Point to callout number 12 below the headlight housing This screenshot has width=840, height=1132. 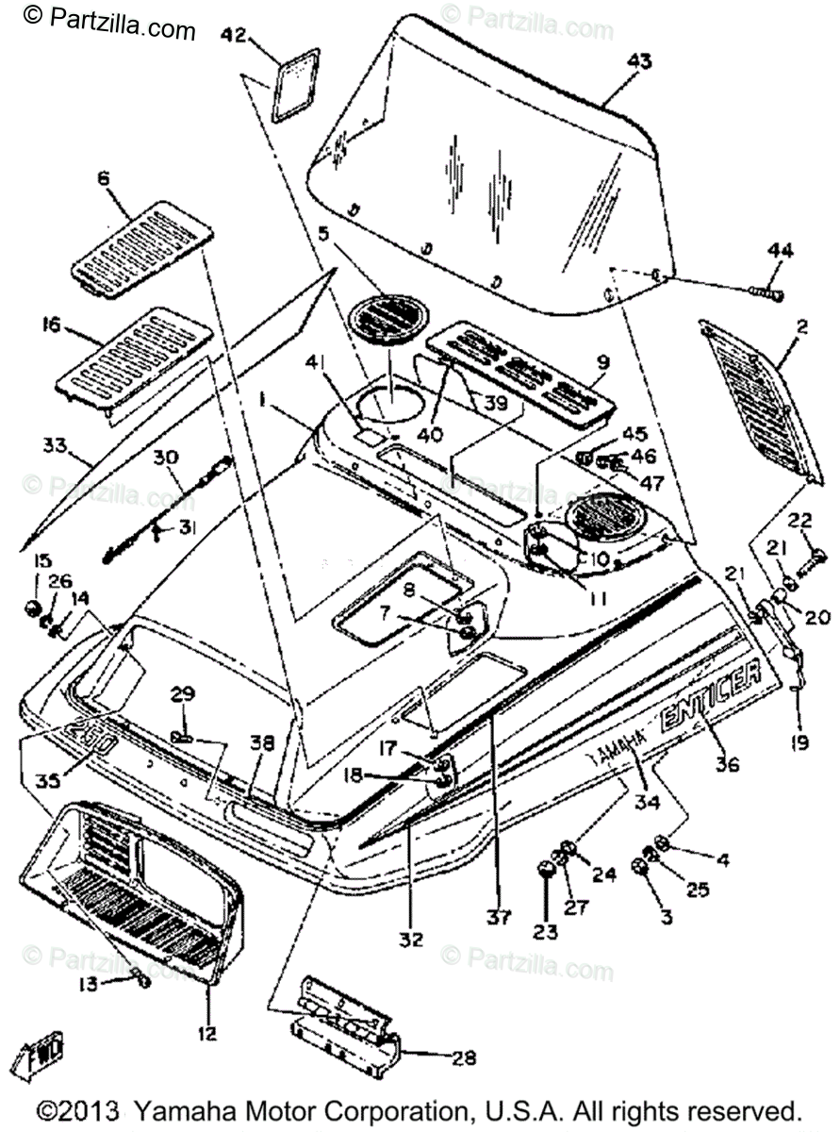point(206,1034)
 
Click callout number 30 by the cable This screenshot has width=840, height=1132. point(166,458)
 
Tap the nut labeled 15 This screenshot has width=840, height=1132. point(31,605)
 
